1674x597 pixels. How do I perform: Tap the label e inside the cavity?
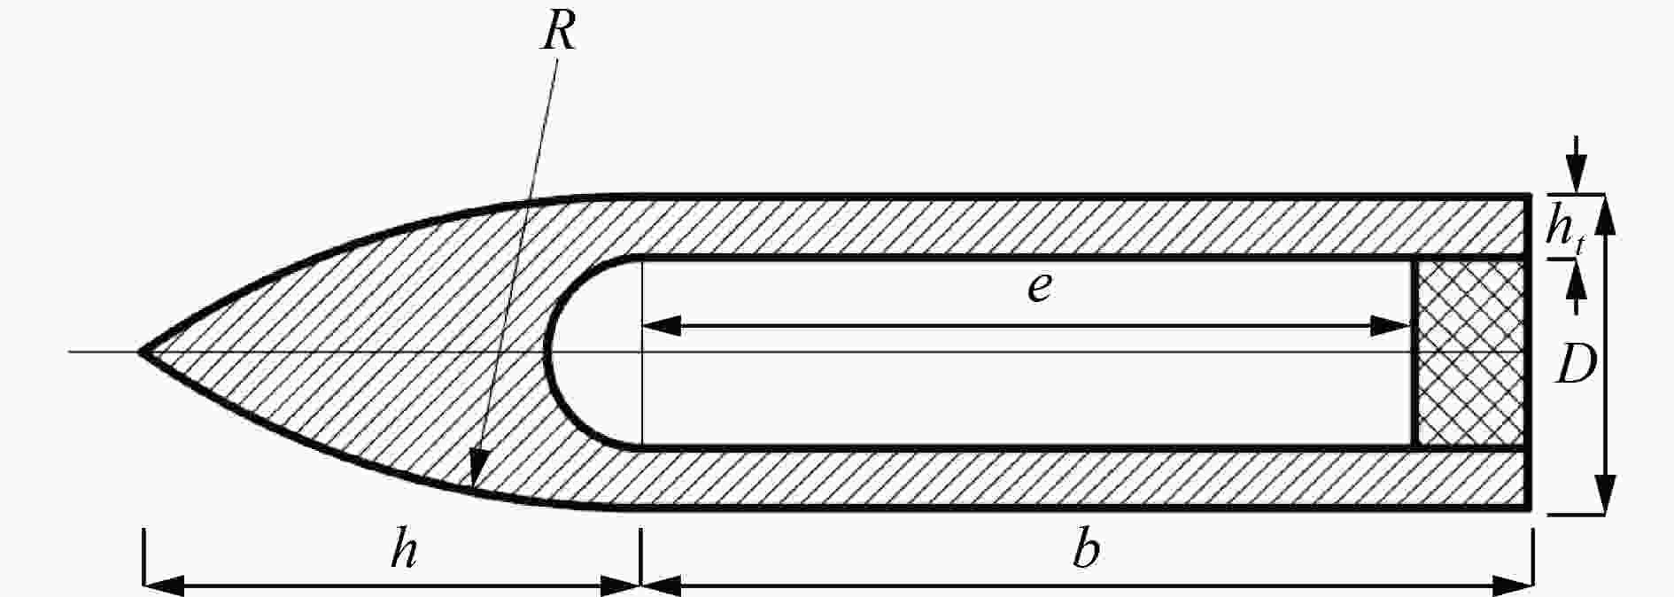[1040, 289]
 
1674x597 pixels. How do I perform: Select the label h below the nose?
[405, 551]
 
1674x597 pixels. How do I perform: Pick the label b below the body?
[1086, 551]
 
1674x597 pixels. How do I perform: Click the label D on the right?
[1577, 365]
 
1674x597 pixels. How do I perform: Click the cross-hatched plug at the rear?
[1470, 353]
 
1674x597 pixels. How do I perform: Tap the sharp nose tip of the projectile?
[140, 353]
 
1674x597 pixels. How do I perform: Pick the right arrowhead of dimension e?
[1391, 326]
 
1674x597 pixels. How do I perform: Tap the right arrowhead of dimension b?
[1512, 585]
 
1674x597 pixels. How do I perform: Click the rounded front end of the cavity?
[546, 353]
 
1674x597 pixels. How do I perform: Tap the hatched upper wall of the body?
[1063, 225]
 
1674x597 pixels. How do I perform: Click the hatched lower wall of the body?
[1063, 479]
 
